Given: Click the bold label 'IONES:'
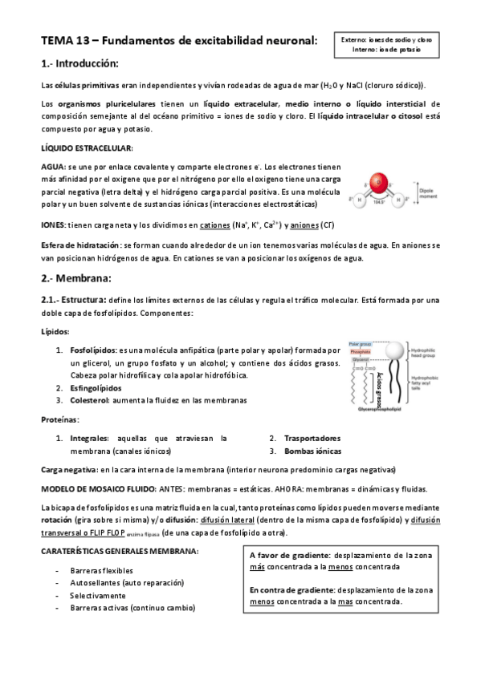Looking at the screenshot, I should (54, 225).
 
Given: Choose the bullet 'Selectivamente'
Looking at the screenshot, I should (98, 595).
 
